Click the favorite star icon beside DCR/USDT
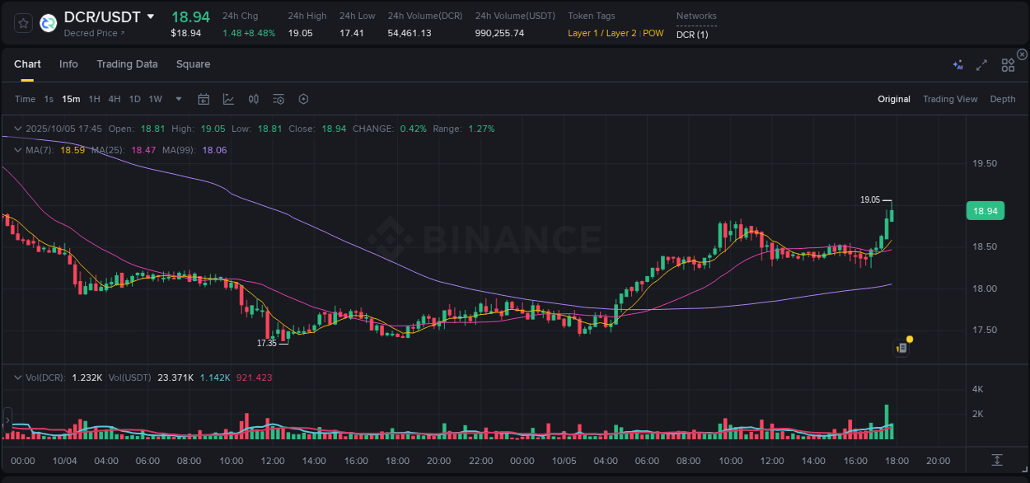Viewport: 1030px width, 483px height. pos(23,23)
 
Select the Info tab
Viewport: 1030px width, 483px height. pos(68,64)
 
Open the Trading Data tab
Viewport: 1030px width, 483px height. pos(127,64)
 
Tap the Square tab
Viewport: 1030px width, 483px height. pos(193,64)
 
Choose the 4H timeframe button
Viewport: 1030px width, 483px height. pos(115,99)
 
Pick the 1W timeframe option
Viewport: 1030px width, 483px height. pos(155,99)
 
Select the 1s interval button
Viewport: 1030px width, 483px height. pos(49,99)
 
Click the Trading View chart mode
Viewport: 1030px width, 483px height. pos(950,99)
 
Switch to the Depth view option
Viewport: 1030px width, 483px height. pos(1003,99)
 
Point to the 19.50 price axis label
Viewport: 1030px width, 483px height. pos(985,163)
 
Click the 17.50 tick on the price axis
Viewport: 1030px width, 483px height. pos(985,330)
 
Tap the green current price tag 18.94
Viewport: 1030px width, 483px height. pos(985,212)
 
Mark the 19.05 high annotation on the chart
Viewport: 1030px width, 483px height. pos(870,199)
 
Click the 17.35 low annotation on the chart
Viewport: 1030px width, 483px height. pos(266,343)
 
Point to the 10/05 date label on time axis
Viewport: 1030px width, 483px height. pos(564,461)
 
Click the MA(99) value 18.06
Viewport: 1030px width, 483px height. pos(214,150)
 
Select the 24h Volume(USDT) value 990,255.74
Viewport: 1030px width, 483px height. pos(499,33)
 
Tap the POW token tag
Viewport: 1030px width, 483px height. pos(653,33)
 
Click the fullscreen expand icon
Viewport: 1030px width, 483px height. pos(981,65)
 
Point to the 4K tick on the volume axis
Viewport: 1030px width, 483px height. pos(978,389)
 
